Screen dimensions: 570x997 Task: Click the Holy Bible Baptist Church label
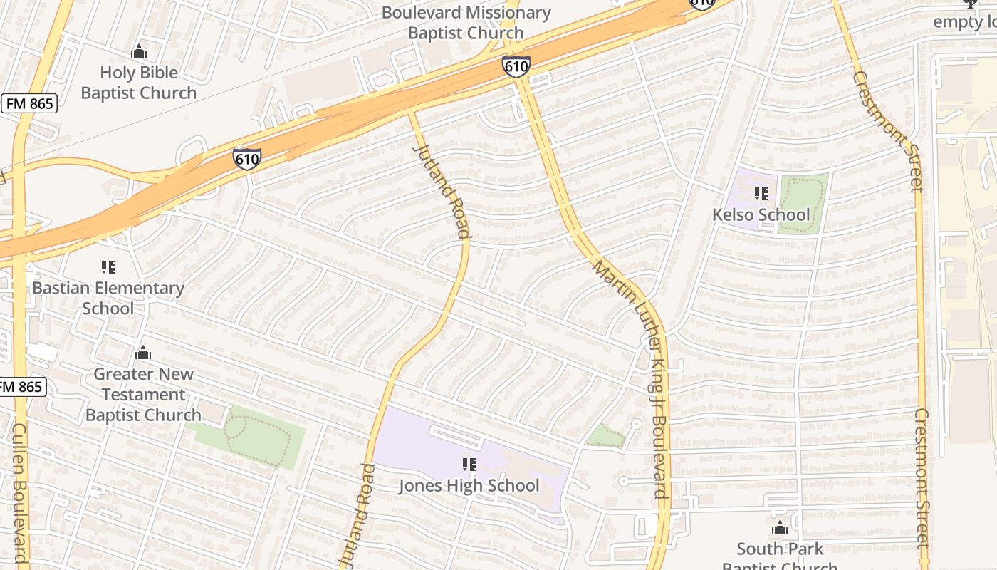click(138, 83)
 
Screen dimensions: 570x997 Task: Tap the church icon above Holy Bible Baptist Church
click(139, 51)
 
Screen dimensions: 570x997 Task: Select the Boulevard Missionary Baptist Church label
click(466, 23)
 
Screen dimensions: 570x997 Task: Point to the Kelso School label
click(761, 214)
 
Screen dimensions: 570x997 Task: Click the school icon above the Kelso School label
click(761, 194)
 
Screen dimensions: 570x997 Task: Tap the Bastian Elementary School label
click(108, 298)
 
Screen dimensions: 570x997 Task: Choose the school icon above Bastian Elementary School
click(108, 267)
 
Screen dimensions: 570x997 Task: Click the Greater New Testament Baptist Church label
click(143, 394)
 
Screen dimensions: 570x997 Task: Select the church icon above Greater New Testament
click(143, 353)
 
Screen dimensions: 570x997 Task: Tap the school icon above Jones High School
click(469, 465)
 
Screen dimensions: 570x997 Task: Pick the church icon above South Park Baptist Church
click(780, 528)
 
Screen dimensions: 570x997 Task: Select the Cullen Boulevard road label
click(19, 492)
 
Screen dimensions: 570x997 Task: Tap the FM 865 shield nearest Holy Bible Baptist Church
click(29, 103)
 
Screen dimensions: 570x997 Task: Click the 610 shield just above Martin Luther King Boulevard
click(516, 66)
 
